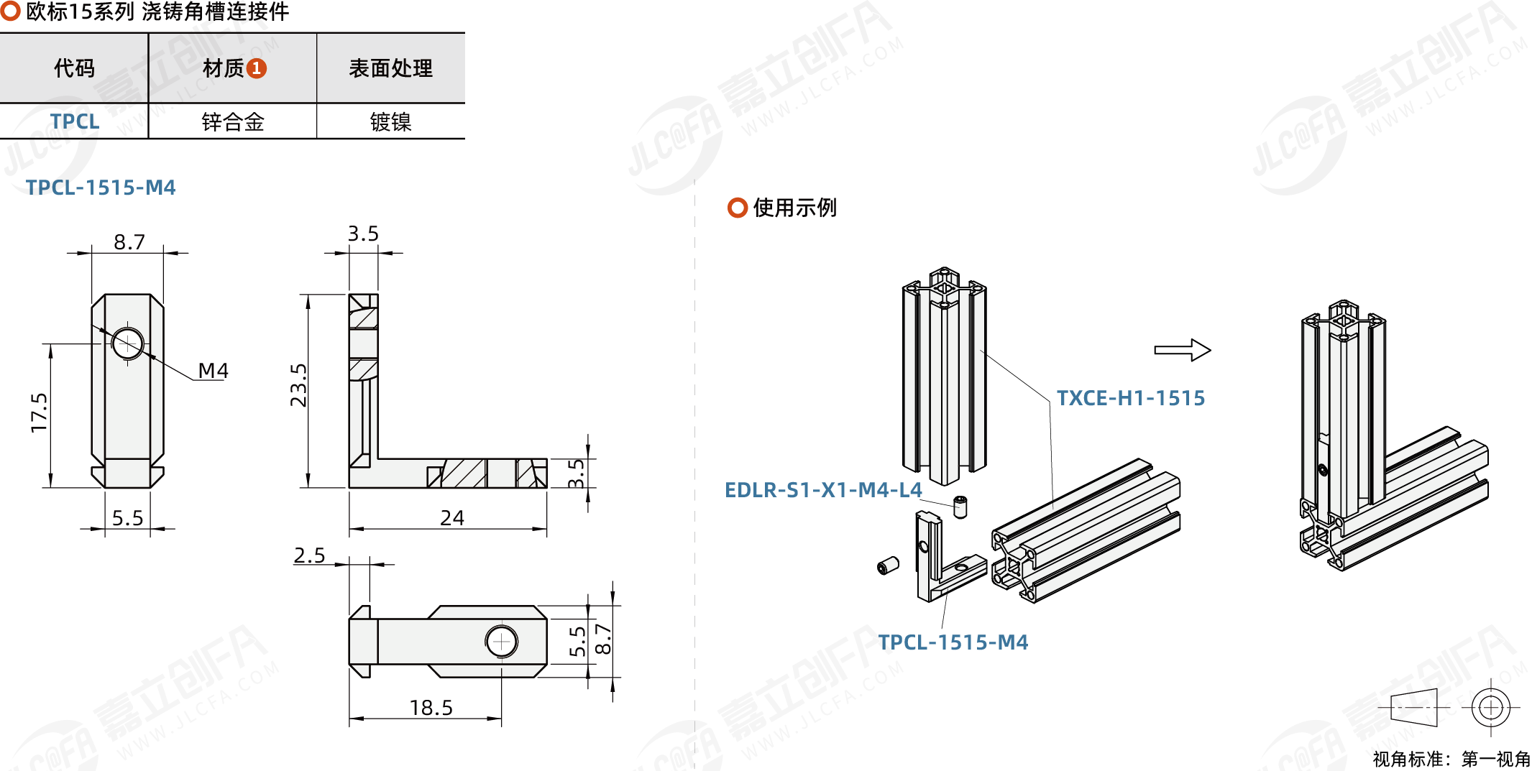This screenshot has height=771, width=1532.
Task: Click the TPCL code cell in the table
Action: coord(75,121)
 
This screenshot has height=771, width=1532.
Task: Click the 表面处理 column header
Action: coord(390,68)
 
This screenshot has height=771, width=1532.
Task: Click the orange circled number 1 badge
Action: coord(257,68)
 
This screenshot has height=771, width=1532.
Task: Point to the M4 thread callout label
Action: coord(213,371)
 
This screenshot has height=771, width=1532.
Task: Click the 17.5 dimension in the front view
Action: coord(39,412)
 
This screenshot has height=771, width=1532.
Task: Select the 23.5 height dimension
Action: coord(298,385)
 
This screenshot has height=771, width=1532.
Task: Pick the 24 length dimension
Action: coord(452,517)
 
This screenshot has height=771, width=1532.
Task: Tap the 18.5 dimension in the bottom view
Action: coord(431,708)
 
